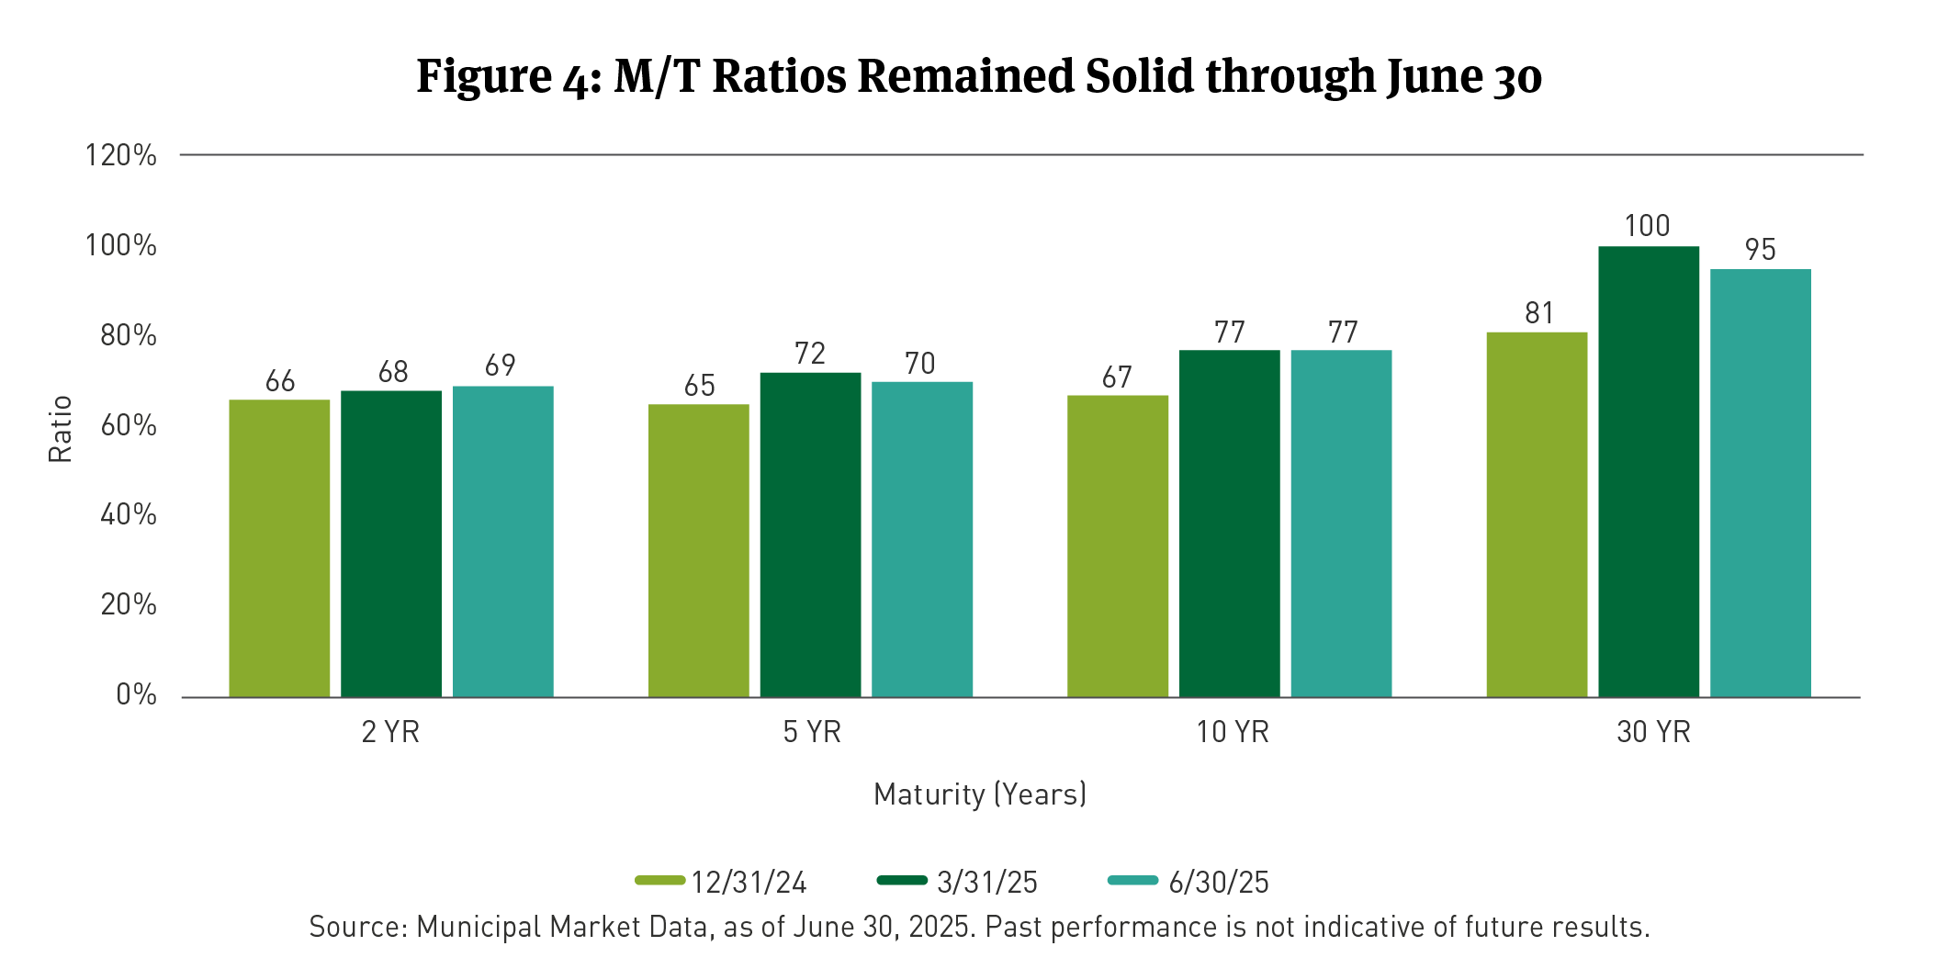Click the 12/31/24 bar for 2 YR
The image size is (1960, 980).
pyautogui.click(x=279, y=548)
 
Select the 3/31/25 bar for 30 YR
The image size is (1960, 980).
pyautogui.click(x=1649, y=471)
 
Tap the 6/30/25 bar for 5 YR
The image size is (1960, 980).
pyautogui.click(x=922, y=539)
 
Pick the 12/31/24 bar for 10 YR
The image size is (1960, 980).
pyautogui.click(x=1118, y=546)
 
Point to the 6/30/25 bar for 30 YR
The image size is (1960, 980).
pyautogui.click(x=1761, y=483)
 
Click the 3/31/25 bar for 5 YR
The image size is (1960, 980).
pyautogui.click(x=810, y=535)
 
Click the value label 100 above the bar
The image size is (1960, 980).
pyautogui.click(x=1647, y=226)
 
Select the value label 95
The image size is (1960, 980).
pyautogui.click(x=1760, y=250)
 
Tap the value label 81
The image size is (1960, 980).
pyautogui.click(x=1539, y=313)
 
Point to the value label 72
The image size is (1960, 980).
pyautogui.click(x=810, y=354)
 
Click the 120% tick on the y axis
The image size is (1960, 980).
pyautogui.click(x=121, y=155)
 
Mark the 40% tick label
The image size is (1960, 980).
pyautogui.click(x=129, y=514)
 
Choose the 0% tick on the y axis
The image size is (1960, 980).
pyautogui.click(x=136, y=694)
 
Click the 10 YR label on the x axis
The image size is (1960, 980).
pyautogui.click(x=1232, y=732)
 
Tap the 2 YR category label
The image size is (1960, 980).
pyautogui.click(x=390, y=732)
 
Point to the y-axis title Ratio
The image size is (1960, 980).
pyautogui.click(x=60, y=429)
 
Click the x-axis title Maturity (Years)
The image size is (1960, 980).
pyautogui.click(x=980, y=794)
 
